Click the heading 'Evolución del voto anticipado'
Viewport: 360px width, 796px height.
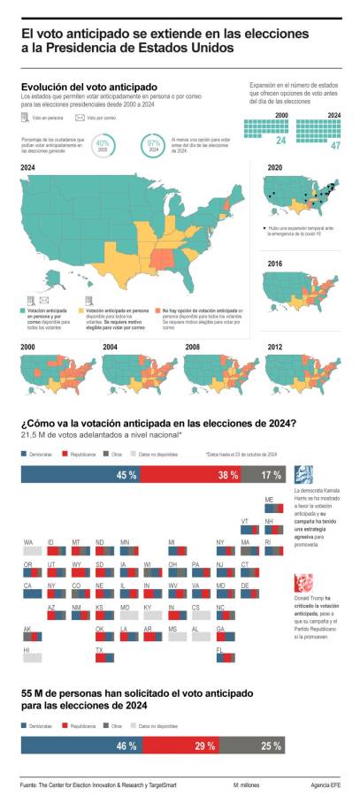83,86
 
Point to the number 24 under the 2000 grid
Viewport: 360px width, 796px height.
280,141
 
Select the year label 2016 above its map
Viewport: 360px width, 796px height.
275,264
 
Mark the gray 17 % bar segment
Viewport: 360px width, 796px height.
272,475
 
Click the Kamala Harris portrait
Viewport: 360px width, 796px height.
303,474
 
